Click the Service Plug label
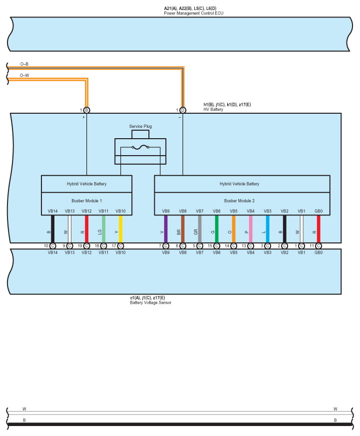click(x=140, y=126)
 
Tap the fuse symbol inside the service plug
click(x=140, y=147)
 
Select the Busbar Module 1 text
click(x=86, y=201)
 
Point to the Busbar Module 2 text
click(x=239, y=201)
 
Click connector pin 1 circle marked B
click(x=86, y=110)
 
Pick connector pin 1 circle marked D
click(x=183, y=110)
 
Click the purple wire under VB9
click(x=166, y=229)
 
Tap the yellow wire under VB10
click(x=120, y=229)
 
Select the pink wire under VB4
click(x=251, y=229)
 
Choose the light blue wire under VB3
click(x=268, y=229)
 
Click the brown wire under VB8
click(x=183, y=229)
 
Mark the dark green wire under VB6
click(x=217, y=229)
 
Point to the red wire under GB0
click(x=319, y=229)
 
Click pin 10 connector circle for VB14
click(x=52, y=246)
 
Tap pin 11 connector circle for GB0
click(x=319, y=246)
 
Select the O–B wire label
click(x=24, y=64)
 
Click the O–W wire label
click(x=24, y=75)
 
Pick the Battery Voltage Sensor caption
click(x=150, y=302)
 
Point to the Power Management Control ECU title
click(x=194, y=13)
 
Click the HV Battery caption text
click(x=213, y=109)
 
